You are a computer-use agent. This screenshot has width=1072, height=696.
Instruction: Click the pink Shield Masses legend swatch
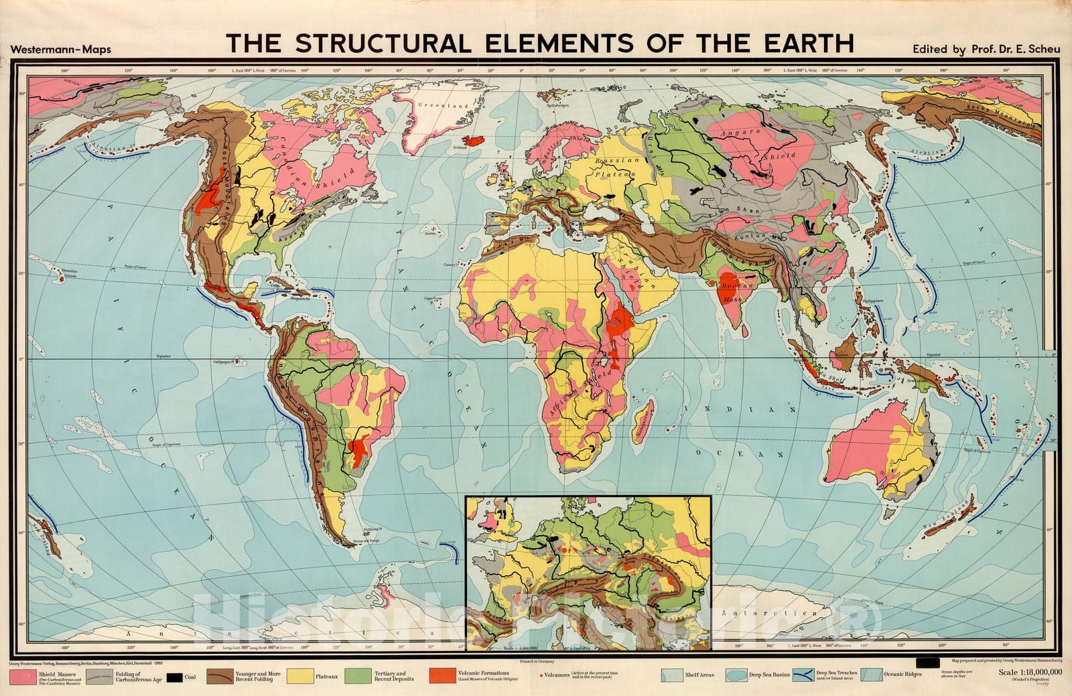pos(25,677)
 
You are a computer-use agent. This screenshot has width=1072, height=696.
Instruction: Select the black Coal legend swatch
pos(174,677)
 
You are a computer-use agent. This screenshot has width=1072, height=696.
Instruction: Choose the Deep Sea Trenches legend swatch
pos(803,676)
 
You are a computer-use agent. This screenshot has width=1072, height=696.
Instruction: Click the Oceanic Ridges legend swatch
pos(870,676)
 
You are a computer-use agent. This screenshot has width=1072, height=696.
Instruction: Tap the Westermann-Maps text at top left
pos(61,50)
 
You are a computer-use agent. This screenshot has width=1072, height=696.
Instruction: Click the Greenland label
pos(443,106)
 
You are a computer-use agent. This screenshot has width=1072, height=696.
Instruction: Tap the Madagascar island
pos(642,423)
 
